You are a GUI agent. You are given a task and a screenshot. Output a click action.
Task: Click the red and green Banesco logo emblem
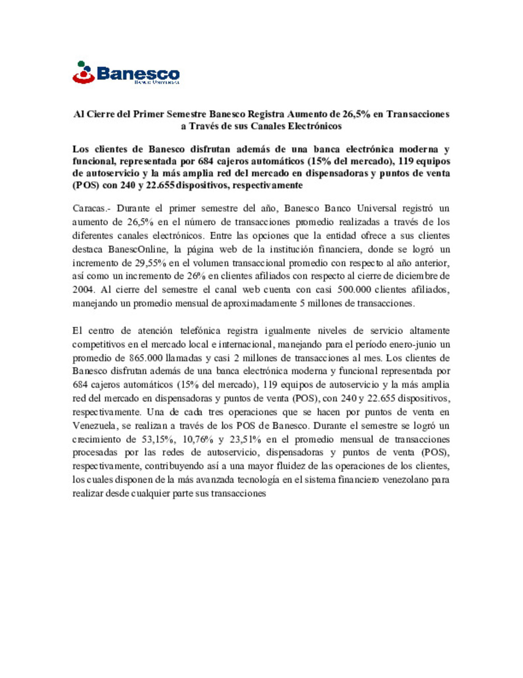point(83,73)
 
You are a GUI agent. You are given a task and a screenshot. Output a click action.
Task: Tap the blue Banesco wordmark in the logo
point(138,74)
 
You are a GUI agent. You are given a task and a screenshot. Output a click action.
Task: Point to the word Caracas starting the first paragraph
point(91,209)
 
